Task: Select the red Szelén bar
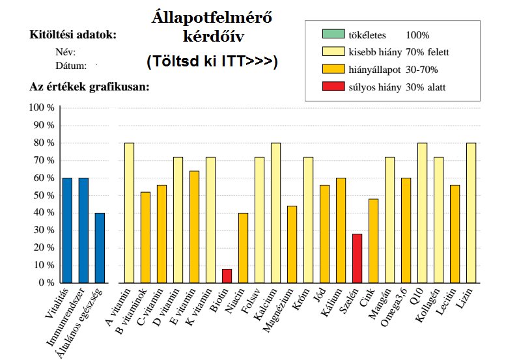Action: (x=357, y=258)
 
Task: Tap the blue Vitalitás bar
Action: (x=67, y=230)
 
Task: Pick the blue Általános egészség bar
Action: (x=100, y=248)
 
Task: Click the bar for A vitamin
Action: (x=129, y=213)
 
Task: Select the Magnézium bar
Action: (x=292, y=244)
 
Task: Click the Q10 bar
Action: (x=422, y=213)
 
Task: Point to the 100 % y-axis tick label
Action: (x=42, y=107)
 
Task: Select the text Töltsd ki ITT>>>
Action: (x=212, y=62)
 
